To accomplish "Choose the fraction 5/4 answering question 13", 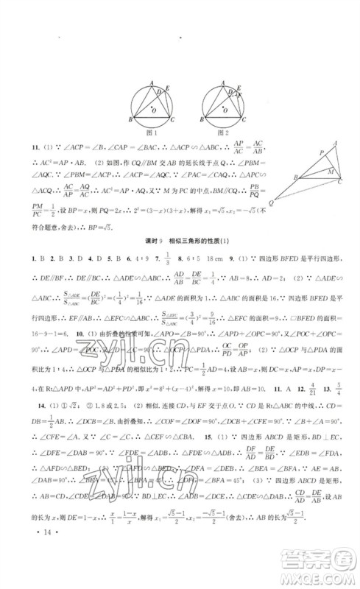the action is (x=337, y=405).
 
